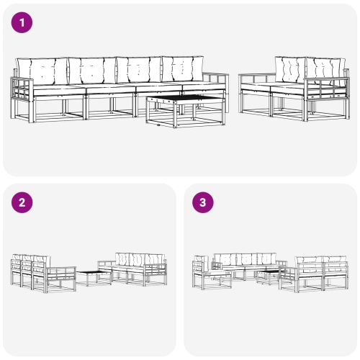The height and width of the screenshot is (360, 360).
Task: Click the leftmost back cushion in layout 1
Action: (x=42, y=71)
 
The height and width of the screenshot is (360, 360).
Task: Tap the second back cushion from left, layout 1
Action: (x=91, y=71)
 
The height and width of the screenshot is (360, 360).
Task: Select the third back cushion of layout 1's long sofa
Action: (x=138, y=71)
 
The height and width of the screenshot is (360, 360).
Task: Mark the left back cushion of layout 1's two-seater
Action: (x=290, y=70)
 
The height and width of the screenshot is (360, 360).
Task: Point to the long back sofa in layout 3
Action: (x=245, y=265)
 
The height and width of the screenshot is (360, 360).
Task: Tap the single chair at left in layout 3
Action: (x=202, y=274)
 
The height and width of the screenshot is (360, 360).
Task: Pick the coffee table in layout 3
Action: (x=266, y=276)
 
